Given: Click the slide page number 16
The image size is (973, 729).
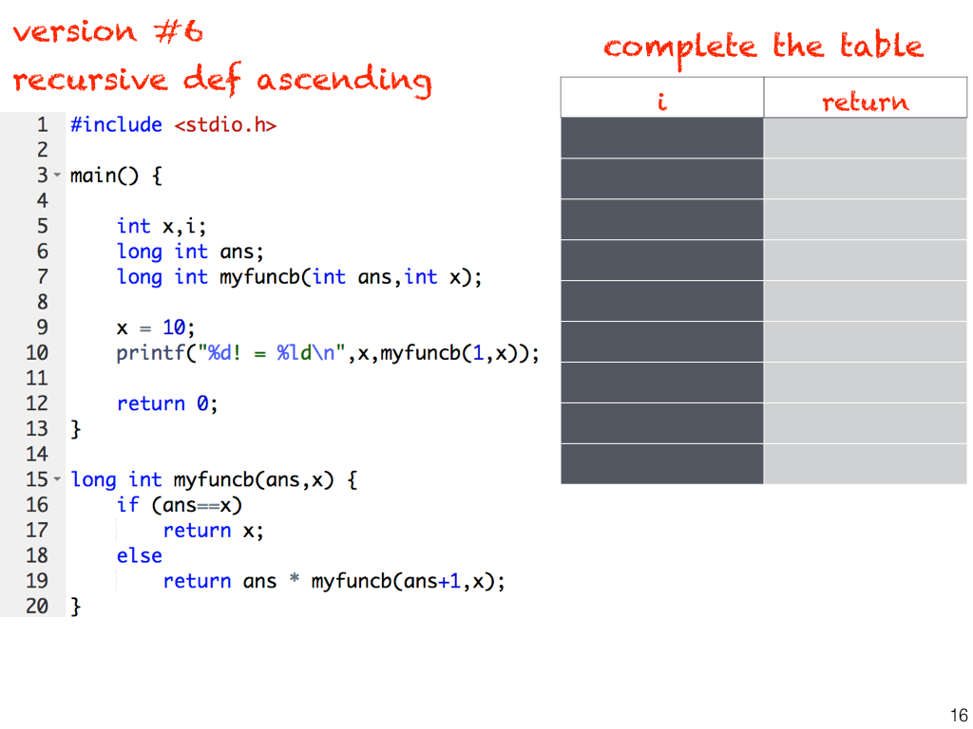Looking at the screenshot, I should tap(958, 716).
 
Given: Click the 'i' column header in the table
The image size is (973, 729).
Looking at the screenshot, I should tap(661, 101).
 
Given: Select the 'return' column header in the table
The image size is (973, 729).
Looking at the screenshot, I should tap(865, 101).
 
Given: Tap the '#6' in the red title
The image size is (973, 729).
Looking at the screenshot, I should tap(178, 32).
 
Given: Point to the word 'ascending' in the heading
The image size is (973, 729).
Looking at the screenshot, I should tap(343, 82).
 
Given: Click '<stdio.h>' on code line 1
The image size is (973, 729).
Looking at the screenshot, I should tap(225, 124).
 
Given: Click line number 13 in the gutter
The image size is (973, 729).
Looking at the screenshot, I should tap(36, 429).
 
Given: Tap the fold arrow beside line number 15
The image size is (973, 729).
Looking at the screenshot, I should tap(57, 480).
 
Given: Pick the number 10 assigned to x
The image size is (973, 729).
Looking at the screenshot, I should tap(173, 327).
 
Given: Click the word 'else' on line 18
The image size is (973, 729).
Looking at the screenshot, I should tap(140, 555).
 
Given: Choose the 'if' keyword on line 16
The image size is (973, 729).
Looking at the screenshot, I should tap(127, 505).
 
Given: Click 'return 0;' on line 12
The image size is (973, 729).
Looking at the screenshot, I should tap(167, 403).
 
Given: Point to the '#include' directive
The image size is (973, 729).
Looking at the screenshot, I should tap(116, 124).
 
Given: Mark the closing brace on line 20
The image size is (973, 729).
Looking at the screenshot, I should tap(76, 607).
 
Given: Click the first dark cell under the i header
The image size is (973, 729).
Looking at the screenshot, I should tap(661, 138).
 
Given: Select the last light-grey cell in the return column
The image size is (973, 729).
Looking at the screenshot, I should tap(865, 464).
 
